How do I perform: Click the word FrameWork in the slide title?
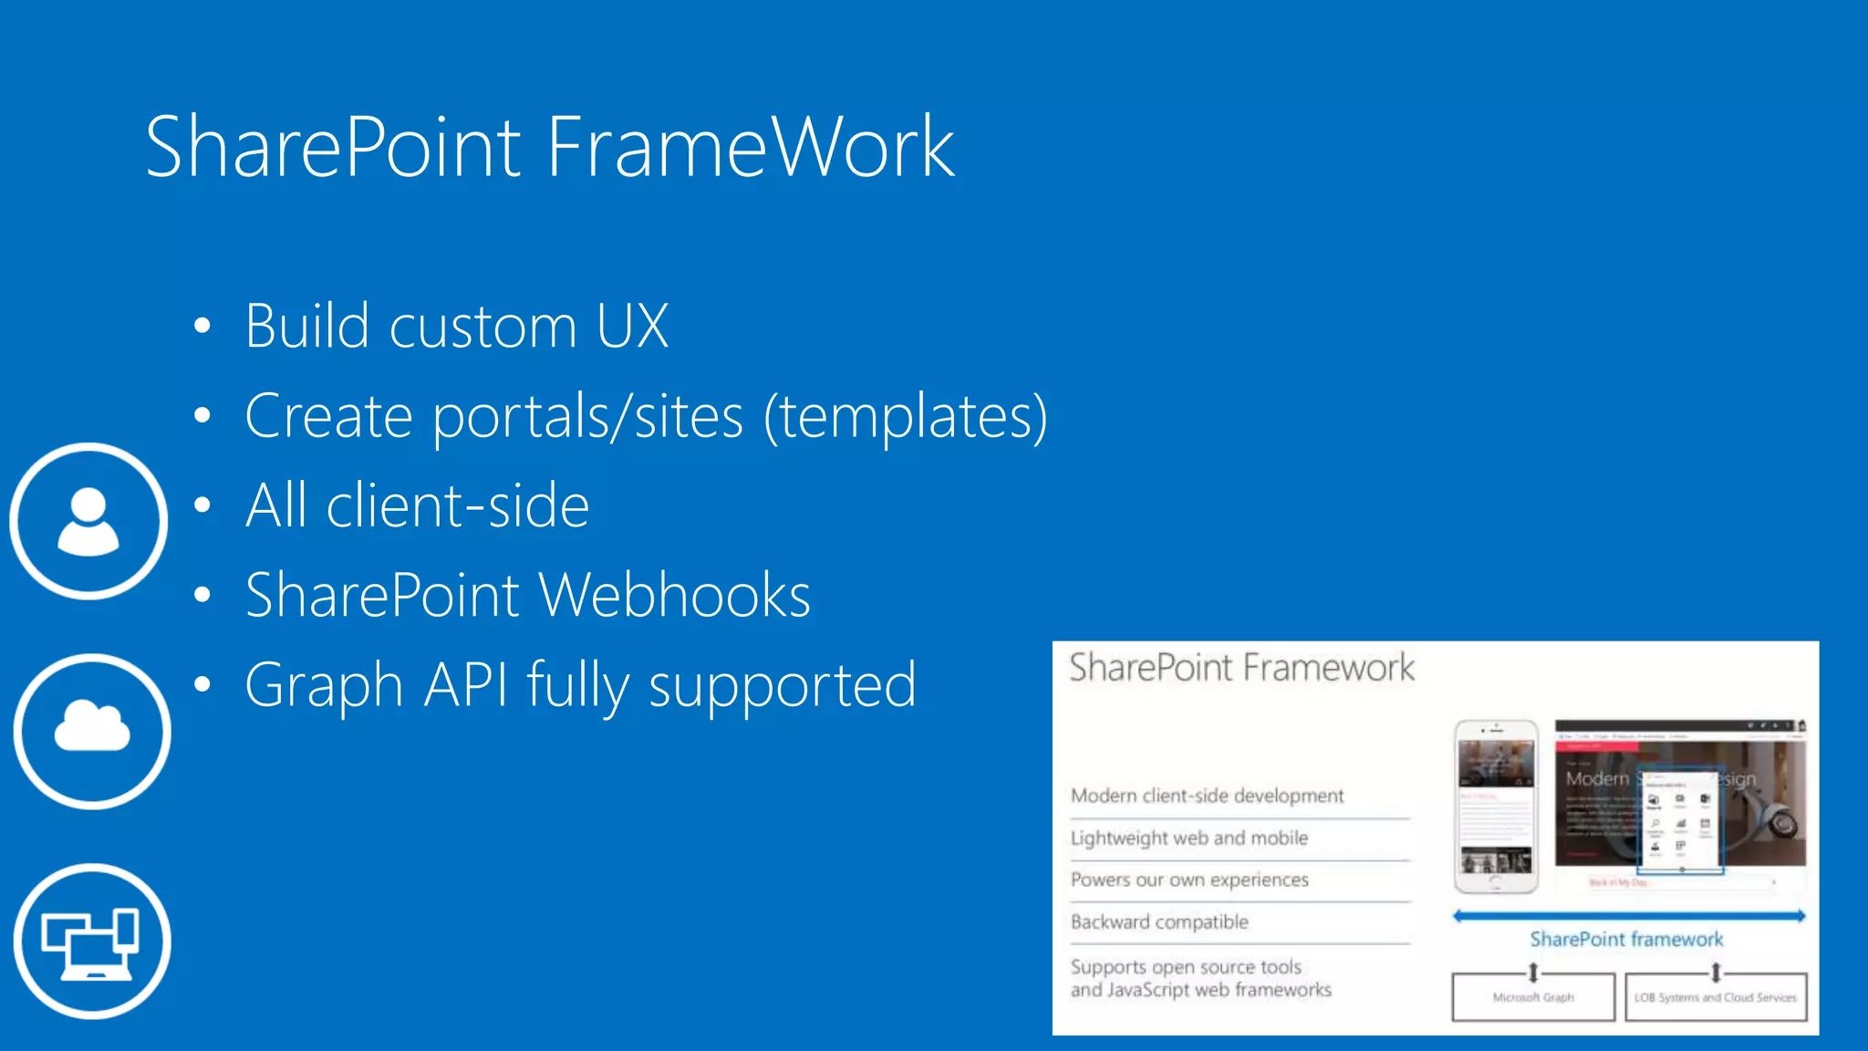(x=750, y=147)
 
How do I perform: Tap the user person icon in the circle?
(x=88, y=521)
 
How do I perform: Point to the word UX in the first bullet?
(x=632, y=326)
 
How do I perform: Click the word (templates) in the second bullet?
(x=905, y=417)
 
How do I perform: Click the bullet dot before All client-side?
(x=202, y=505)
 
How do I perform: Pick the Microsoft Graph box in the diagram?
(x=1532, y=997)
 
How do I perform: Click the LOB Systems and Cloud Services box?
(x=1715, y=997)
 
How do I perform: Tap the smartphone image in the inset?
(x=1496, y=806)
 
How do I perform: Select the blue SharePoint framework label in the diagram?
(x=1626, y=939)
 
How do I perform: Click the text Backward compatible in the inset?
(x=1159, y=921)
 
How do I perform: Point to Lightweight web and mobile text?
(x=1189, y=838)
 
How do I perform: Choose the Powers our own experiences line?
(x=1189, y=879)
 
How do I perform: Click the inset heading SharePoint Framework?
(x=1241, y=668)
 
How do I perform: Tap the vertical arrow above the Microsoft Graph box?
(x=1533, y=972)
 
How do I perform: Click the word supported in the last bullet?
(x=782, y=686)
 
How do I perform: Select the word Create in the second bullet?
(x=328, y=417)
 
